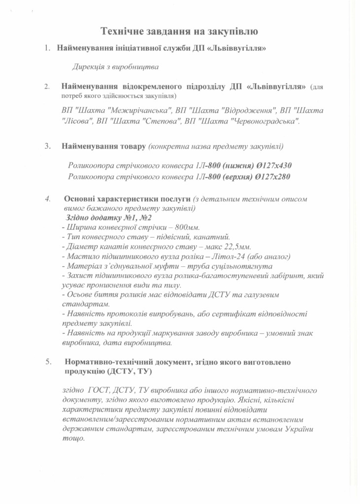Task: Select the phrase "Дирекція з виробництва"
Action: (x=116, y=66)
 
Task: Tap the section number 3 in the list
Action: (x=47, y=146)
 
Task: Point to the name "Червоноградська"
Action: (x=266, y=121)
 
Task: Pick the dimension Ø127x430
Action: (x=277, y=165)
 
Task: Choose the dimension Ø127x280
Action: (x=277, y=176)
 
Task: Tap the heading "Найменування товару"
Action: (x=103, y=146)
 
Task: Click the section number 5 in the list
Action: (x=47, y=362)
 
